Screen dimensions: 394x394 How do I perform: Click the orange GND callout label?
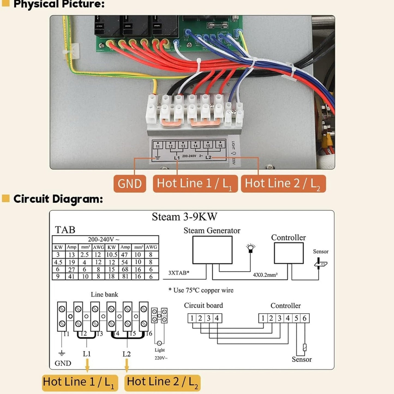[x=130, y=184]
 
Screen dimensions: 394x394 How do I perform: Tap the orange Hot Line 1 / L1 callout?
[x=195, y=184]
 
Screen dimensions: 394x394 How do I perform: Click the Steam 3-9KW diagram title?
[x=184, y=217]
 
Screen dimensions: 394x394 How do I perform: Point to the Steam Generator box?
[x=212, y=250]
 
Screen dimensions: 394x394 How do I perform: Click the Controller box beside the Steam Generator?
[x=288, y=253]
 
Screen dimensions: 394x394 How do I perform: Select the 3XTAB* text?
[x=179, y=273]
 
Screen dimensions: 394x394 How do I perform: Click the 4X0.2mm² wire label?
[x=265, y=275]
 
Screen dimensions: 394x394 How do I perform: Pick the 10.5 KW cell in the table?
[x=112, y=255]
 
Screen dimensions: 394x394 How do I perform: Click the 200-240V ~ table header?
[x=104, y=239]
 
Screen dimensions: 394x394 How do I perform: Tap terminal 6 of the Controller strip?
[x=305, y=318]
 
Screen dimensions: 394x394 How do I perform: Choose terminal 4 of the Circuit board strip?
[x=217, y=318]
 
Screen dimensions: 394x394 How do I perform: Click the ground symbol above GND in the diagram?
[x=62, y=353]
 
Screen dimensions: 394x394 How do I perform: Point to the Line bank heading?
[x=104, y=294]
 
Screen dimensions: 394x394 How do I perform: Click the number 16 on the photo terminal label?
[x=220, y=146]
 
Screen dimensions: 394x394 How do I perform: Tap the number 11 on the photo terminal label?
[x=158, y=146]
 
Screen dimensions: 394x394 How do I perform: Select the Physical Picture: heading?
[x=59, y=4]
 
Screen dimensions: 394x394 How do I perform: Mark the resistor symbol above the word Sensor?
[x=305, y=347]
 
